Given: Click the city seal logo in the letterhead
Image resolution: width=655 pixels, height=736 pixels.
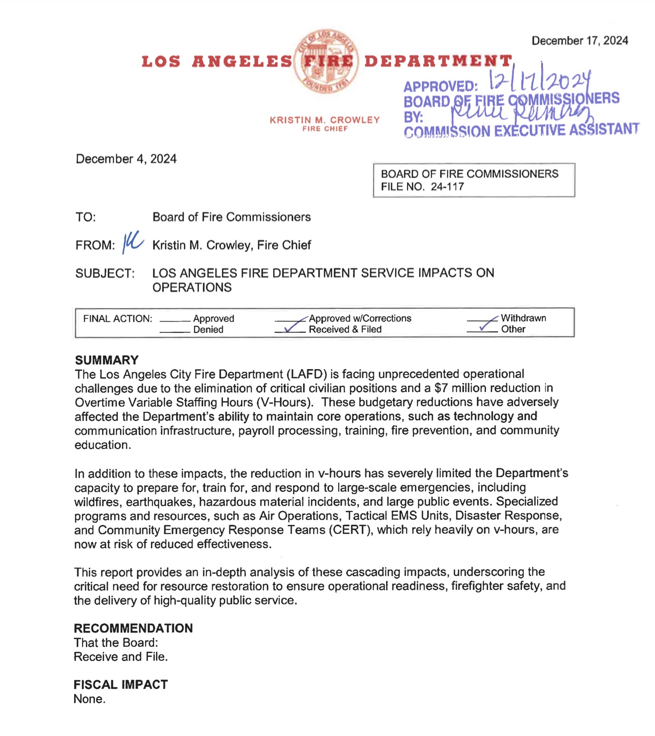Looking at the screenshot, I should (326, 61).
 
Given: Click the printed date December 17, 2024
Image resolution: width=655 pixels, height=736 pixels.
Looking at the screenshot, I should (580, 41).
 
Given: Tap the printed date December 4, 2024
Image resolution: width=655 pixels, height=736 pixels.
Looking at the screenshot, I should (126, 159).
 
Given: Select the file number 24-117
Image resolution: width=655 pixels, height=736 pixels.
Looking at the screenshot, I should (447, 187).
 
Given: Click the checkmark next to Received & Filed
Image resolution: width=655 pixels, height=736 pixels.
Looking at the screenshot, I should (291, 327).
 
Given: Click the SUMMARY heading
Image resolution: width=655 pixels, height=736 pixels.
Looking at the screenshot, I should (107, 360).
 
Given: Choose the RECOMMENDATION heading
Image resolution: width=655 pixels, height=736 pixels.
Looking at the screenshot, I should (133, 628).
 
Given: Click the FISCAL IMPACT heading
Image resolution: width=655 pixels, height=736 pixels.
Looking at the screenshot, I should (121, 685).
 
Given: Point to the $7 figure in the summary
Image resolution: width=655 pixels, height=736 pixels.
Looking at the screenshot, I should (441, 388).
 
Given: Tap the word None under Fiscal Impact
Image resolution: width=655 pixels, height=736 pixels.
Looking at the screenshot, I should (89, 699).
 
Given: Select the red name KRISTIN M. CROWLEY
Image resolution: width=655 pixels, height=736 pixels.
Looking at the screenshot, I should (325, 120).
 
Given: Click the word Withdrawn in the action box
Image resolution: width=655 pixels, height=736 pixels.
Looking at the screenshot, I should (523, 318).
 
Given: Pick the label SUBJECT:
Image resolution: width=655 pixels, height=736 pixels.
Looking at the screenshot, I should (105, 274).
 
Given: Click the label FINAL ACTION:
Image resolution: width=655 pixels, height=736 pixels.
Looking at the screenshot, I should (117, 319).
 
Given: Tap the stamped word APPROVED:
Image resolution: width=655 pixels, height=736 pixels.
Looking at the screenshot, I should (441, 87).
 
